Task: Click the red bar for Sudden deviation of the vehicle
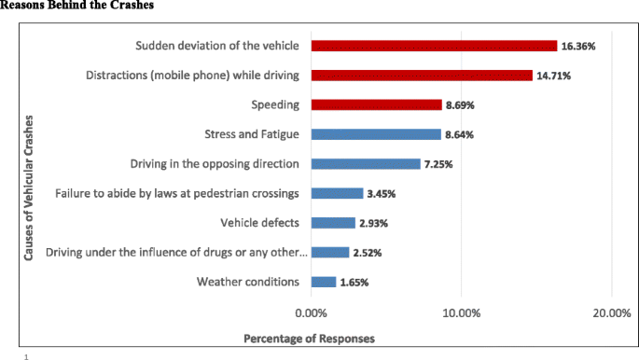[434, 46]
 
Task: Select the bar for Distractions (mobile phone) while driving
[422, 76]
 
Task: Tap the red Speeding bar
[376, 105]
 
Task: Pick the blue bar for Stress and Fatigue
[376, 134]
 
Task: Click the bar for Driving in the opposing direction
[366, 164]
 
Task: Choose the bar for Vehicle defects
[333, 223]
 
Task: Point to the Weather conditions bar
[324, 282]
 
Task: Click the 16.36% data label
[578, 46]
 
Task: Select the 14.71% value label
[553, 76]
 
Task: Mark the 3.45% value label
[382, 194]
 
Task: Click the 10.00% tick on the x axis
[461, 313]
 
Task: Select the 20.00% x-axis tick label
[611, 313]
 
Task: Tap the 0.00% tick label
[311, 313]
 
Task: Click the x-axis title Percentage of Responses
[309, 338]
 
